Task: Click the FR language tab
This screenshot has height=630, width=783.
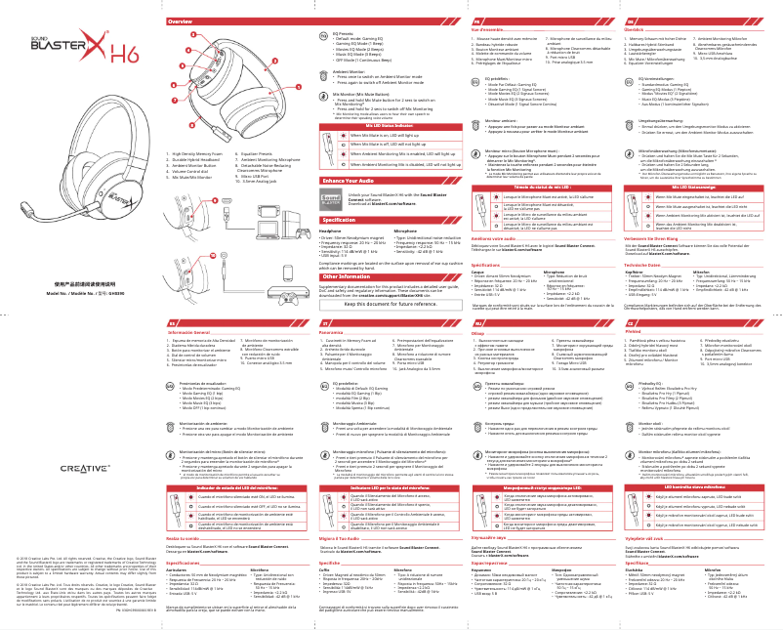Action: pos(475,21)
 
